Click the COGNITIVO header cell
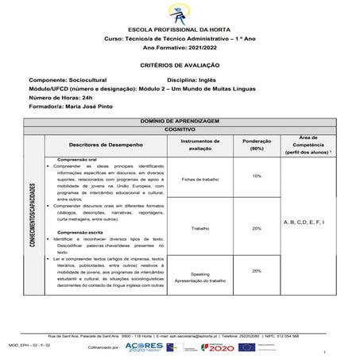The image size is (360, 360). tap(180, 127)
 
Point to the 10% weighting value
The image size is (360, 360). tap(257, 176)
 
